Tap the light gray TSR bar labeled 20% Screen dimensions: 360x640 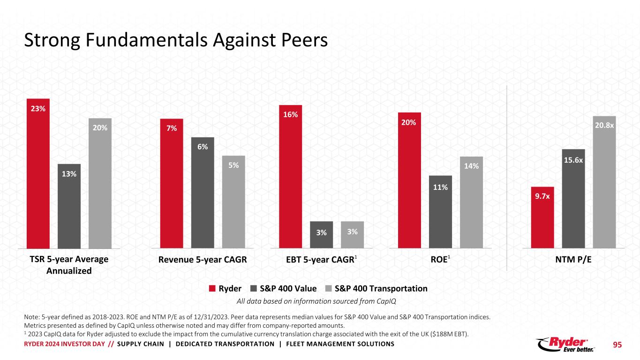(100, 183)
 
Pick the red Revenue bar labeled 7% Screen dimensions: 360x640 (172, 183)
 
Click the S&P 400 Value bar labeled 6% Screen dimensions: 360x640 (203, 192)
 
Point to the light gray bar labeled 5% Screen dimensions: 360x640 (233, 202)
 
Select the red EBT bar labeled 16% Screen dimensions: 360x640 (290, 176)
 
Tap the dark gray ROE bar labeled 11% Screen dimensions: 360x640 (440, 211)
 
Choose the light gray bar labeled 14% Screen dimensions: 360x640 (471, 202)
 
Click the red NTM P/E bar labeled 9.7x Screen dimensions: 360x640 (542, 217)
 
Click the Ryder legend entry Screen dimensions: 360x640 (225, 288)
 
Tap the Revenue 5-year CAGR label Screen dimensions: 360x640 (203, 260)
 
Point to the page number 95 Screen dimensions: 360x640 (617, 345)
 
